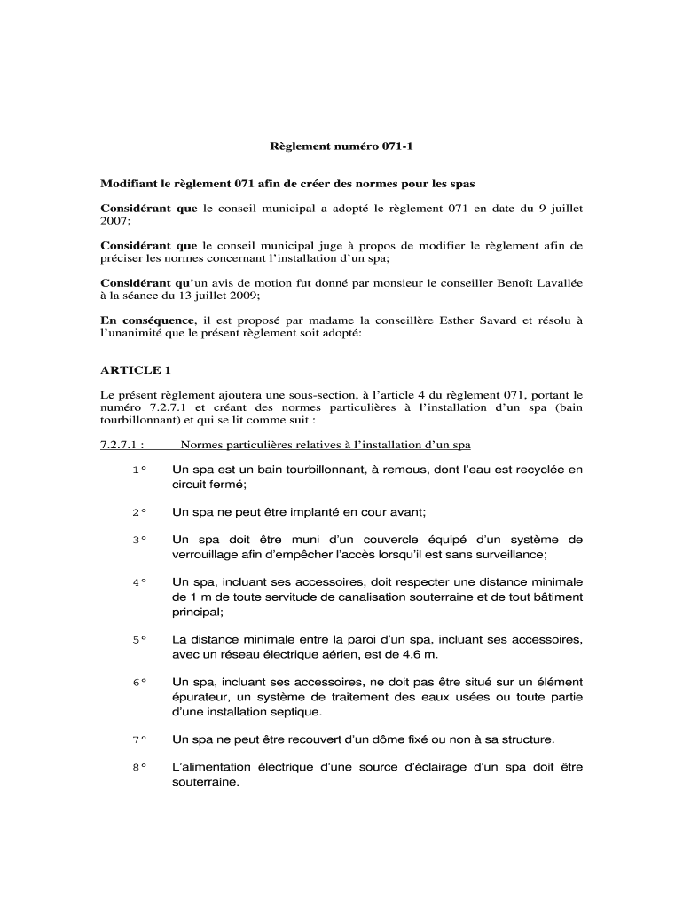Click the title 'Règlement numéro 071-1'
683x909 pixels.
click(x=341, y=143)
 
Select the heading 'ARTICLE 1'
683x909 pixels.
click(x=135, y=369)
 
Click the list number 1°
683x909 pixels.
click(x=138, y=470)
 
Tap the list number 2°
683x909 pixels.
click(x=138, y=513)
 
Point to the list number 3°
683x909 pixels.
click(x=138, y=540)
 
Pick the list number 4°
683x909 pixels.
click(x=138, y=582)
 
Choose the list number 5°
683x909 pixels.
click(x=138, y=640)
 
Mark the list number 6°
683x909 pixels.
click(x=138, y=683)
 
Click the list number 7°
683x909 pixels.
click(x=138, y=739)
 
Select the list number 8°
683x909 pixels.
click(x=138, y=769)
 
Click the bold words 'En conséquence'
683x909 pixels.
click(x=147, y=320)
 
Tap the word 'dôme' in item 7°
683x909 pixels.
click(x=362, y=739)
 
